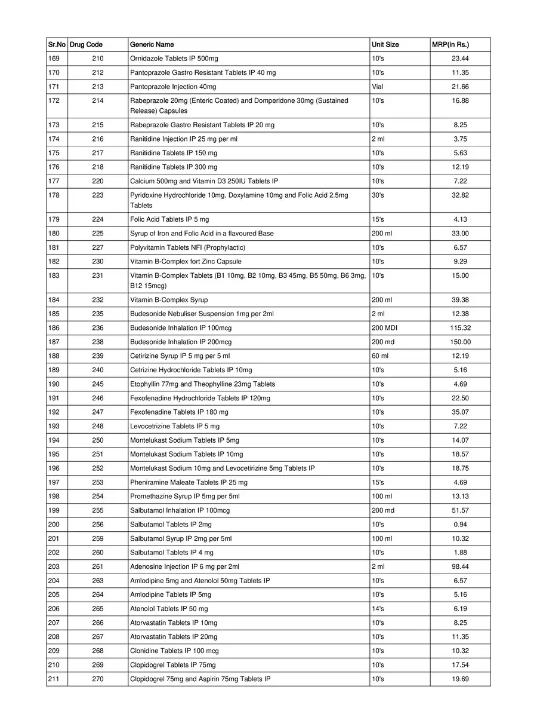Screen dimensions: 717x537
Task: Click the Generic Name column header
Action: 152,45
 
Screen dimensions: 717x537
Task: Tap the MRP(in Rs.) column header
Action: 450,45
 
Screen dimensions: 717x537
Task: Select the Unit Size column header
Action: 385,45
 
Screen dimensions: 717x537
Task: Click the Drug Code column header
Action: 87,45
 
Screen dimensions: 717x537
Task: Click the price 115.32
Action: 460,328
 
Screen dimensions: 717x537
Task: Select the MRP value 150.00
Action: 460,342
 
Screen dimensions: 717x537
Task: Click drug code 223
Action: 98,195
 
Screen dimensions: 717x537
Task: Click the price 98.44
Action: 460,566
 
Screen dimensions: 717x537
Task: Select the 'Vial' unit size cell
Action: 377,87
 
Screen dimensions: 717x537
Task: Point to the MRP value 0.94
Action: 460,525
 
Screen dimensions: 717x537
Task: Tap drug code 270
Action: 98,679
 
